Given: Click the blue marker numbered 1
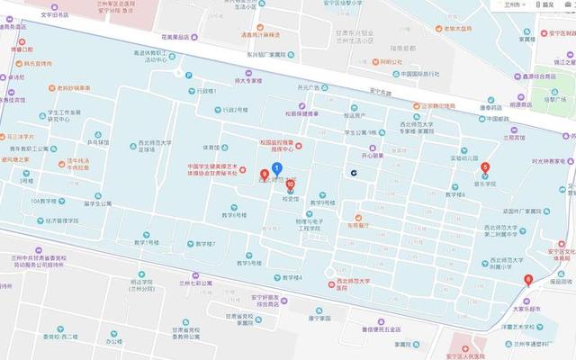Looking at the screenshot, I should click(x=277, y=168).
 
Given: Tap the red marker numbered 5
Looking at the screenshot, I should click(x=486, y=167).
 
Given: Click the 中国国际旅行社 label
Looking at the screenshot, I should click(x=419, y=74).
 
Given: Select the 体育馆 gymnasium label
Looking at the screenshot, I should click(x=210, y=148).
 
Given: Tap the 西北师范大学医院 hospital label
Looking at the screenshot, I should click(x=353, y=284).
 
